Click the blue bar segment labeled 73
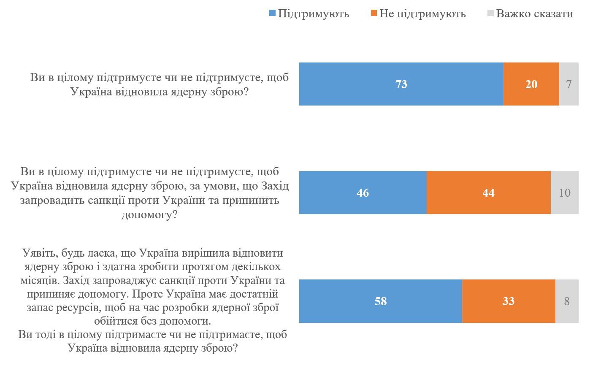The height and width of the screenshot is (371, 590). [x=401, y=84]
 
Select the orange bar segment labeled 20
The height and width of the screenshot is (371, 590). [x=531, y=84]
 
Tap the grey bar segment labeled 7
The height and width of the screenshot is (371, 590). [x=568, y=84]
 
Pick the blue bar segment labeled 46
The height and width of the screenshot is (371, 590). [x=363, y=192]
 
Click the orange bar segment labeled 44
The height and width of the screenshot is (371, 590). [x=488, y=192]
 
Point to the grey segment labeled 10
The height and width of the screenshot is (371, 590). [x=564, y=192]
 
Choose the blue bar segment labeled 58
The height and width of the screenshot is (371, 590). [x=380, y=301]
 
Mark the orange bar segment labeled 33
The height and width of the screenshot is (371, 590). [x=508, y=301]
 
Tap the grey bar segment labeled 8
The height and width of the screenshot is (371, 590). [x=566, y=301]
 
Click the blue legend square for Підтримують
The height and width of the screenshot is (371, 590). [x=273, y=14]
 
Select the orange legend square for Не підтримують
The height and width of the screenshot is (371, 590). [x=374, y=14]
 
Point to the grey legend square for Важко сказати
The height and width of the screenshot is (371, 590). [x=490, y=14]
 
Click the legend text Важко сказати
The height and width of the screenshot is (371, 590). [x=535, y=14]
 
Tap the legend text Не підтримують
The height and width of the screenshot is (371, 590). [x=422, y=14]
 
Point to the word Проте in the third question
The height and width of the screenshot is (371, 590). [x=148, y=294]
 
